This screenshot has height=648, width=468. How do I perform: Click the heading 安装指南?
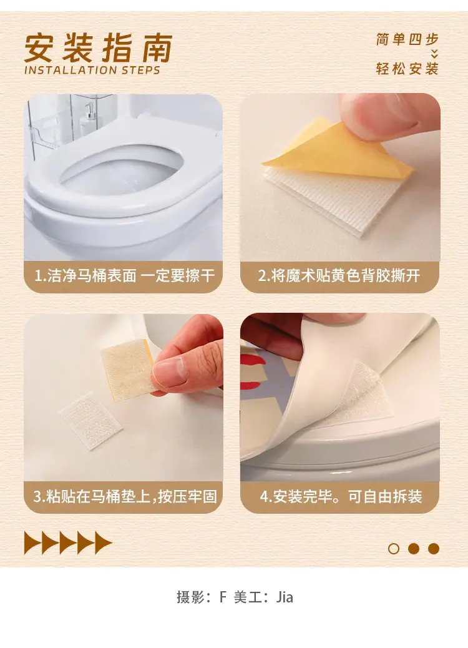99,48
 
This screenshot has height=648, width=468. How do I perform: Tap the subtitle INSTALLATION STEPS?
92,71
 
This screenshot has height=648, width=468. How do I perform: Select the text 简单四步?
407,40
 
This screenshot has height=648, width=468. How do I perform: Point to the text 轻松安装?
407,69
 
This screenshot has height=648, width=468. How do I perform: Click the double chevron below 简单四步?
434,54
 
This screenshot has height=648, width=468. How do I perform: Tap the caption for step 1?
124,276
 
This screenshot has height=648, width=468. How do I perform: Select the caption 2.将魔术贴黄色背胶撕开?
339,276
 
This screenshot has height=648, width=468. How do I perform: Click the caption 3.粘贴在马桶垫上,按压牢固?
125,496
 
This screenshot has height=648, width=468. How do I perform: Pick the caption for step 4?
341,496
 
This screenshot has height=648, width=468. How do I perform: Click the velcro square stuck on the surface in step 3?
90,420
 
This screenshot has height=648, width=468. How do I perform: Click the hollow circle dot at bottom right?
394,548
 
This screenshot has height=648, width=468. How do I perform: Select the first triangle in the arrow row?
33,542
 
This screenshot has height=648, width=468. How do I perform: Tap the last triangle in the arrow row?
104,542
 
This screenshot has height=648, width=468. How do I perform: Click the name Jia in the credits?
285,597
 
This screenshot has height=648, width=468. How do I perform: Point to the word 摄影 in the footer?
190,597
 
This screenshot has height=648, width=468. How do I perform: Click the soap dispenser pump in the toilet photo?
89,110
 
